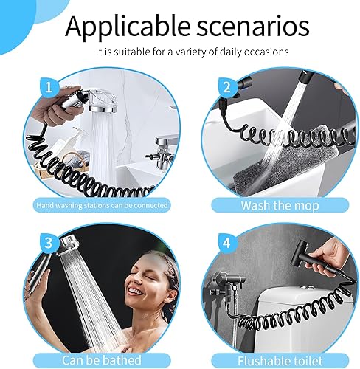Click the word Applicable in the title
(128, 27)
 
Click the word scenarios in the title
(252, 26)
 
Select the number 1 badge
(49, 87)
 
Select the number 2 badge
(226, 87)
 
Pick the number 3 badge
(49, 243)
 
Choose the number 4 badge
(226, 243)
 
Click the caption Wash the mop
(280, 206)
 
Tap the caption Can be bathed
(102, 360)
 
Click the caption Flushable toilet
(280, 361)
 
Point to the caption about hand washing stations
(102, 205)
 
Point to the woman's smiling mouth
(135, 292)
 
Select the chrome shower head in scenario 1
(103, 100)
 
